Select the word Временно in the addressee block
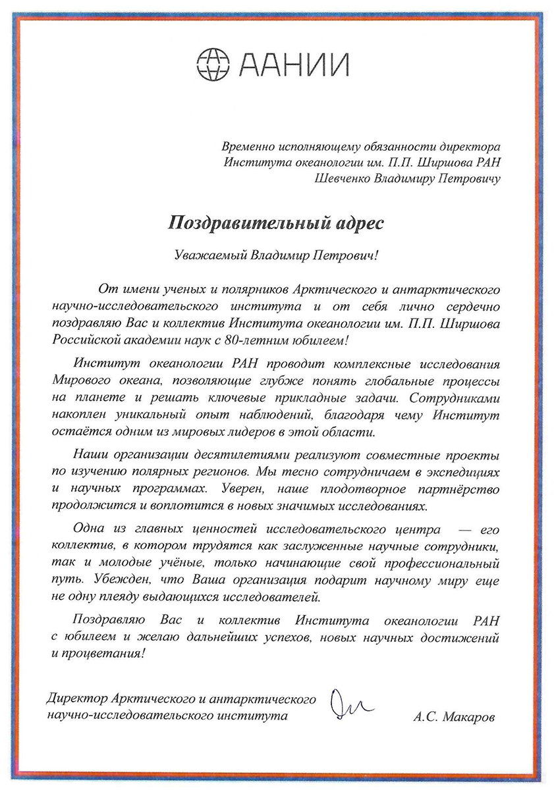tap(246, 146)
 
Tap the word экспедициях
tap(464, 473)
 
